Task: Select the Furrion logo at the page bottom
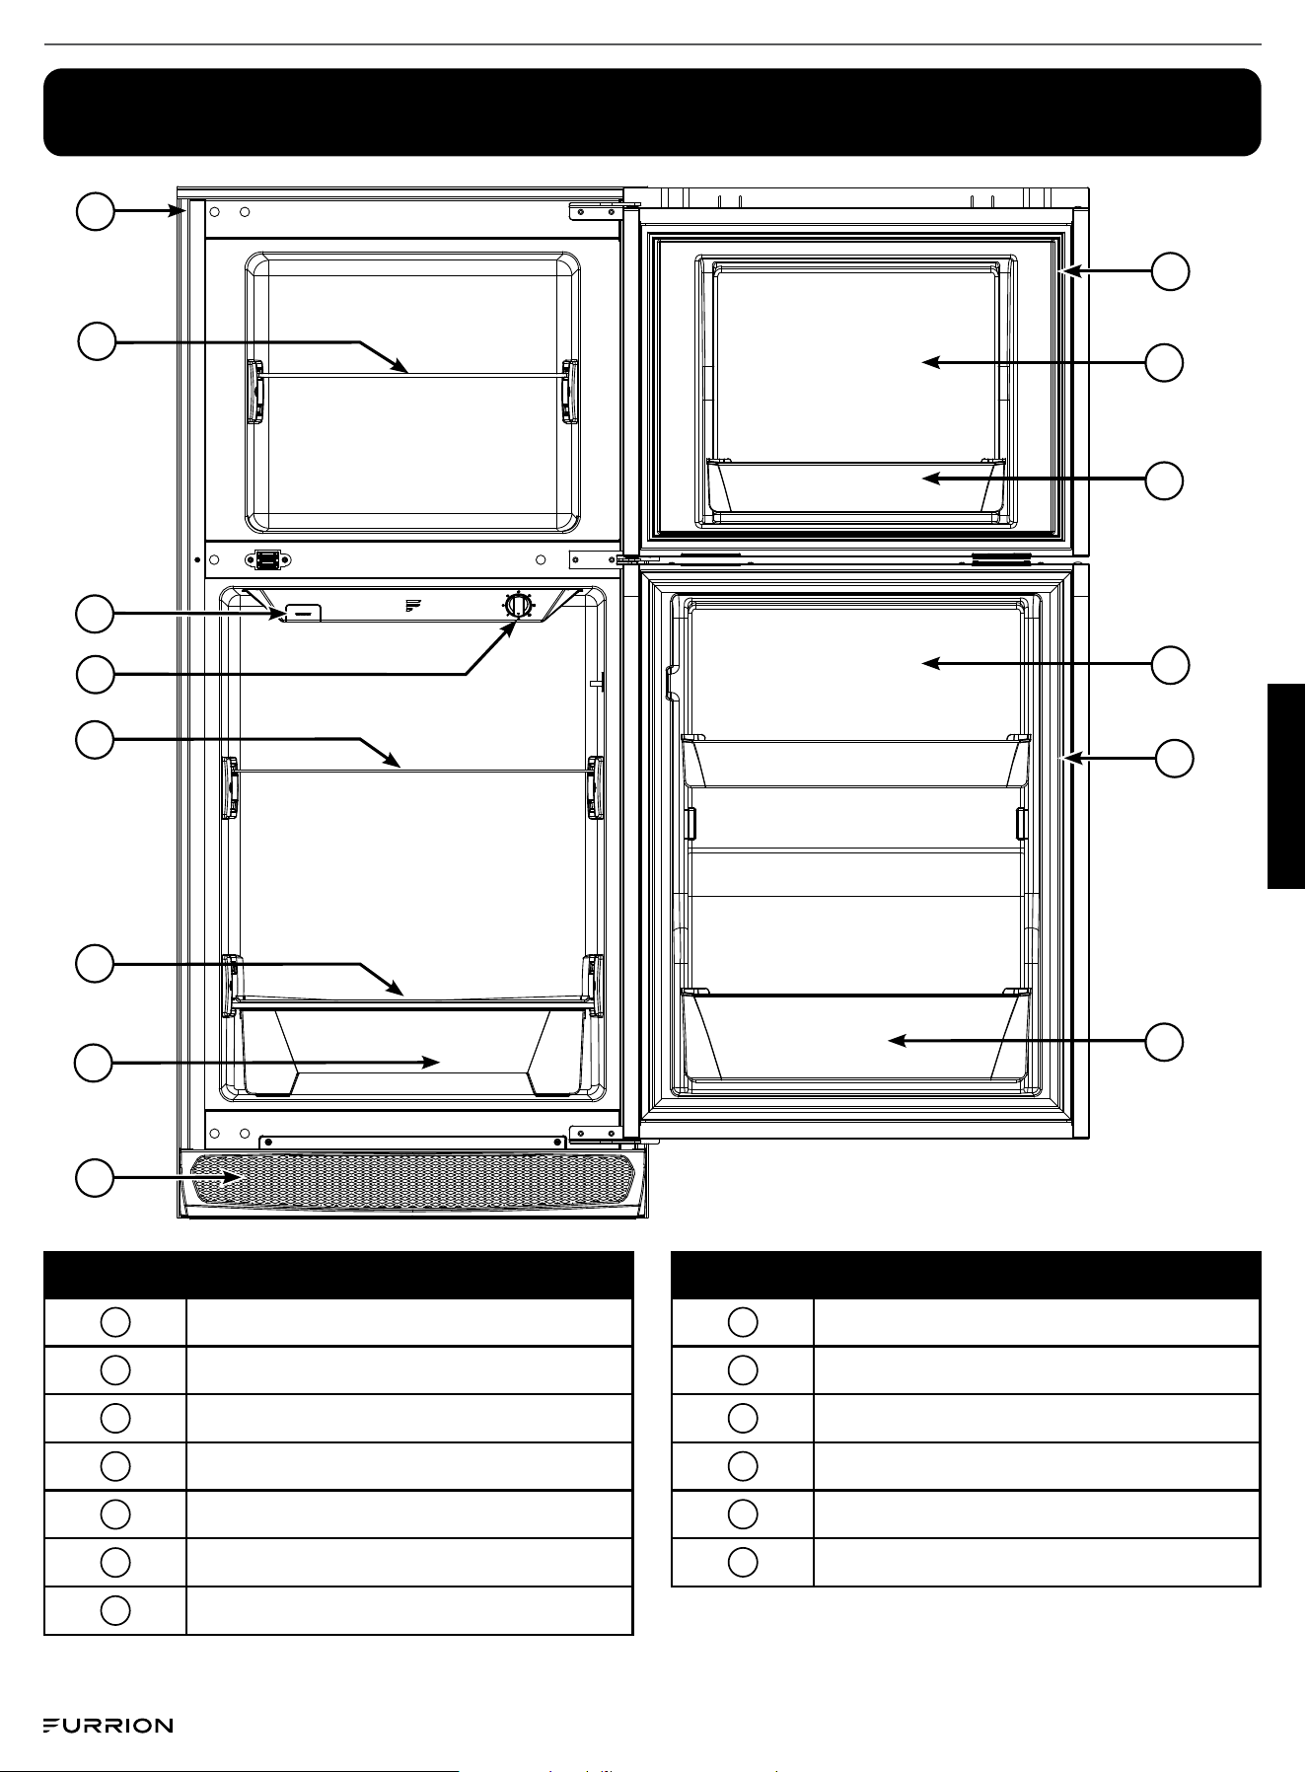(x=109, y=1726)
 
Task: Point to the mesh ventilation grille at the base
(x=413, y=1178)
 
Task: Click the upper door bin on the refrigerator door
(x=856, y=761)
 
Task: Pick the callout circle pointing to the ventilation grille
(x=96, y=1179)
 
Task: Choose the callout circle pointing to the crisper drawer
(x=96, y=1063)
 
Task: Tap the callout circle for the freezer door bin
(x=1165, y=480)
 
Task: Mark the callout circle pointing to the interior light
(x=96, y=615)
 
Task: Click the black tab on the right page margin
(x=1286, y=786)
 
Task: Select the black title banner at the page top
(x=652, y=112)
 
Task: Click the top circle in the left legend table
(x=115, y=1322)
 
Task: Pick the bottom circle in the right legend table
(x=743, y=1562)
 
